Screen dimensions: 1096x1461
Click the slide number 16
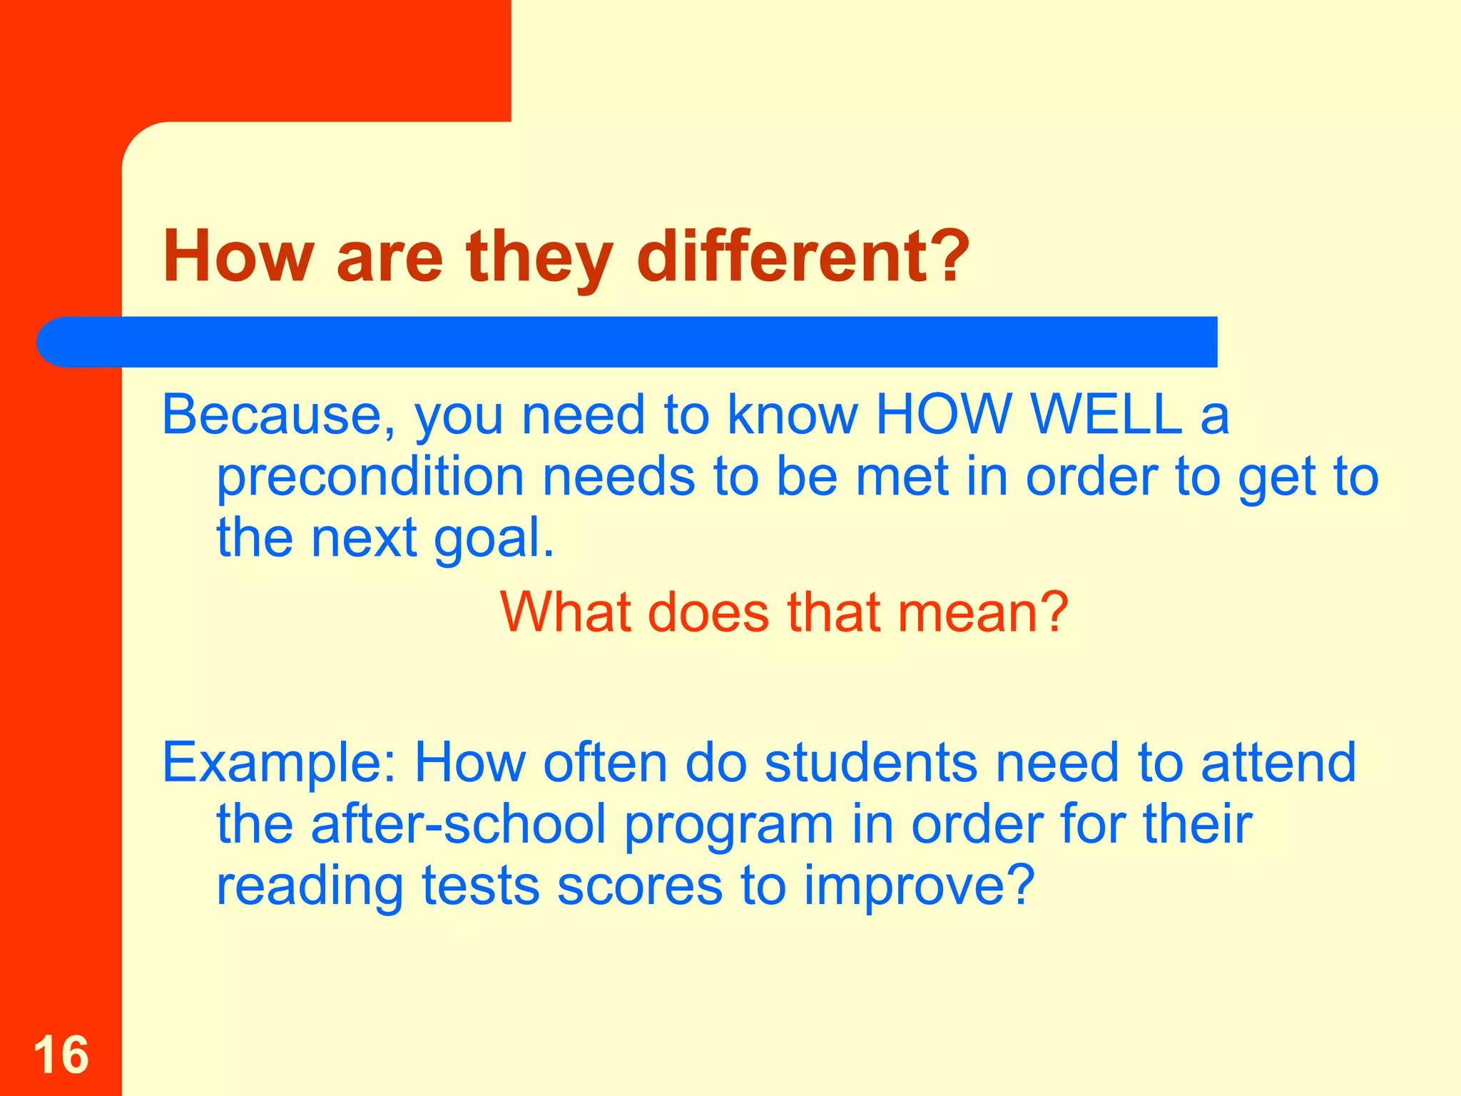point(61,1055)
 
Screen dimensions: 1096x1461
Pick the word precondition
point(370,478)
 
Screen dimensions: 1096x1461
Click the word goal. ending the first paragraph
point(494,539)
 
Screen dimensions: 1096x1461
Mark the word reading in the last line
point(310,888)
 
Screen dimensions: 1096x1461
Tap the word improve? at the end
point(919,888)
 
